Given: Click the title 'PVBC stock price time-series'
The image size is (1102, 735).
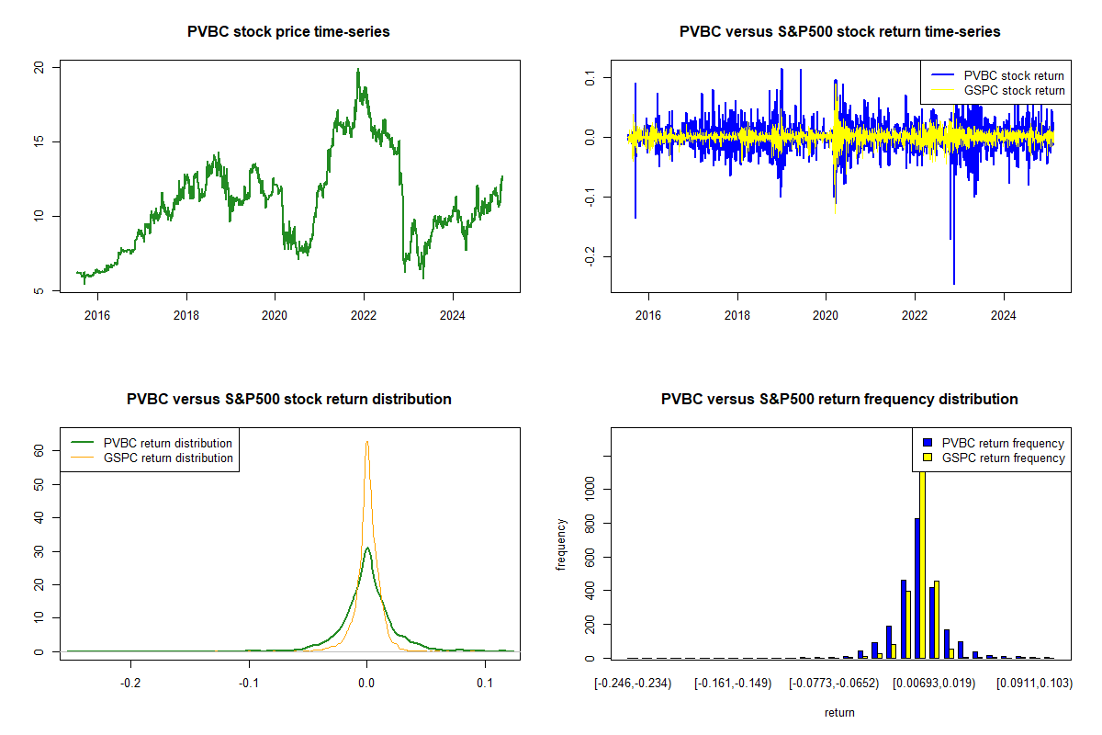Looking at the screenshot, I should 288,32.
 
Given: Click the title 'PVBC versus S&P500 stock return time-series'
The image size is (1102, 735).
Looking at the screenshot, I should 839,32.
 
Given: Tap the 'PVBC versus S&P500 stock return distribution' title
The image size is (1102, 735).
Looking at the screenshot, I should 288,400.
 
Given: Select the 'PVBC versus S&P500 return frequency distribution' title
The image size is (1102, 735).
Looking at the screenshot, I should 839,400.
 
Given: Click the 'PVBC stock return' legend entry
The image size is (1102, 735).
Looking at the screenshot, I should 1014,75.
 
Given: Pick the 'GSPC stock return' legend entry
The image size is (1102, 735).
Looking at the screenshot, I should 1014,91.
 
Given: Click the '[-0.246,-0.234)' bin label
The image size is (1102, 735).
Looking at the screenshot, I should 633,684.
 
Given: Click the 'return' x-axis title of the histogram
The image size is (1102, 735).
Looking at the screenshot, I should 839,712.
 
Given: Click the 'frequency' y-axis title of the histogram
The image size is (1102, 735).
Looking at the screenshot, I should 561,544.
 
